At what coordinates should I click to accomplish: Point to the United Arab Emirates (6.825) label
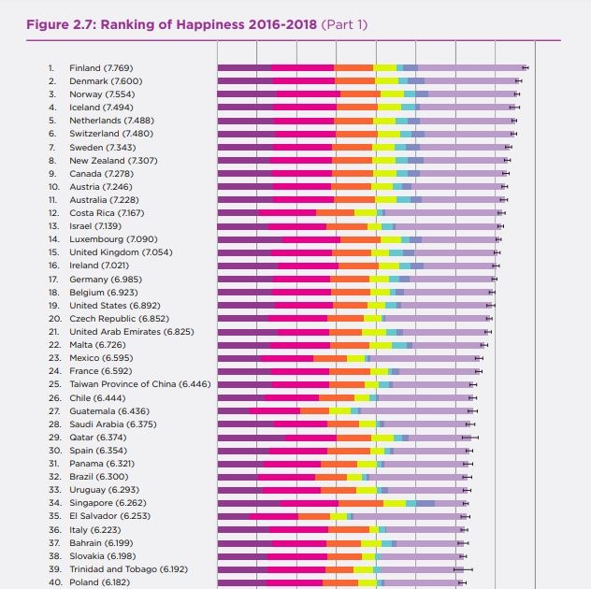pos(132,332)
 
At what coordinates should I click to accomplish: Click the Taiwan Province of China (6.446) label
pos(140,384)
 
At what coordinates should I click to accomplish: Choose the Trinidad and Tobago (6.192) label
pos(128,568)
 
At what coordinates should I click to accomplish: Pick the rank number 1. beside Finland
pos(52,68)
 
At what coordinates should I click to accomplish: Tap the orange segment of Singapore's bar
pos(359,503)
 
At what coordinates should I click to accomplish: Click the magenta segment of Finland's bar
pos(303,68)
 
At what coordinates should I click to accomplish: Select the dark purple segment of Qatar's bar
pos(251,437)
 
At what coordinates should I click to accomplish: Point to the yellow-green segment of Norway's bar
pos(392,94)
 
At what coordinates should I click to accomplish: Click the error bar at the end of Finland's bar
pos(526,68)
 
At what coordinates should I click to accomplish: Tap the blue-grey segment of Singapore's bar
pos(425,503)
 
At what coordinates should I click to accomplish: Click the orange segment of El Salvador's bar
pos(314,516)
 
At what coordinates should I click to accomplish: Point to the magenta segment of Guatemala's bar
pos(275,410)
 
